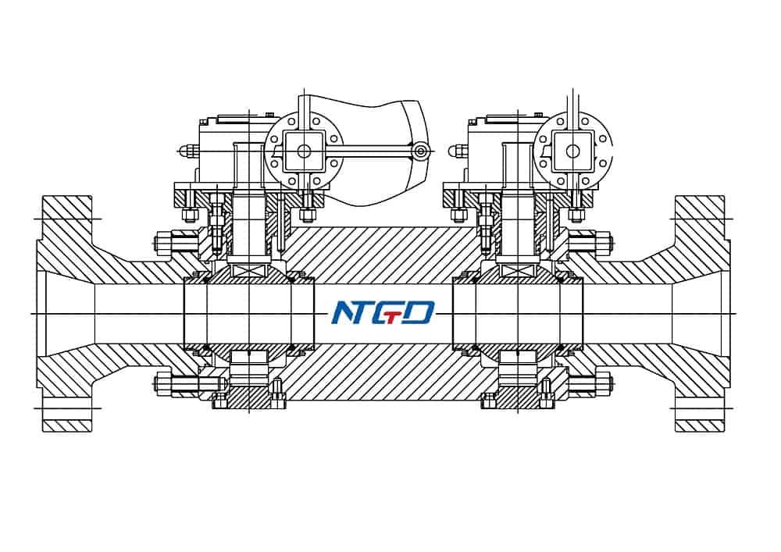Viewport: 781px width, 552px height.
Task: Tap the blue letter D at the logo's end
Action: (x=419, y=313)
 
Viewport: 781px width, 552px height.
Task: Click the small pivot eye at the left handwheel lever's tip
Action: (x=420, y=151)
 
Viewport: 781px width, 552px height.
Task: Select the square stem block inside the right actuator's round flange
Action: (x=572, y=150)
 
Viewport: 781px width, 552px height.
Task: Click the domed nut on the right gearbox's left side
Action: (x=455, y=151)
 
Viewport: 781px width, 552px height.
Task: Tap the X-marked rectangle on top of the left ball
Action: (x=248, y=270)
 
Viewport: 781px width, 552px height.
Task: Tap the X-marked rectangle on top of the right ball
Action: (x=517, y=270)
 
